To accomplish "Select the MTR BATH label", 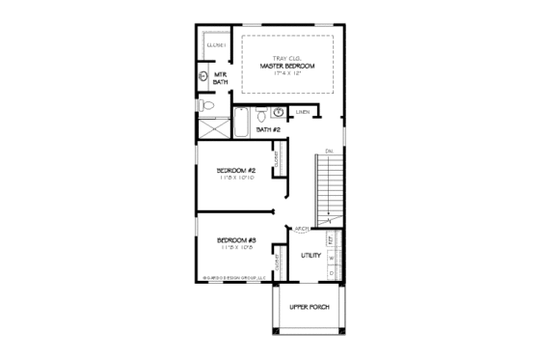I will tap(220, 78).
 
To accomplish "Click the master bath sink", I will tap(203, 75).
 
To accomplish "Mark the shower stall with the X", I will tap(211, 125).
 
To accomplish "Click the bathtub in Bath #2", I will tap(242, 123).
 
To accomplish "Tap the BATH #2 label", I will tap(268, 129).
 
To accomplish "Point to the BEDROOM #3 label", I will tap(235, 239).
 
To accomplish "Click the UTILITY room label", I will tap(310, 256).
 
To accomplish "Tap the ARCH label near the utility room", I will tap(302, 229).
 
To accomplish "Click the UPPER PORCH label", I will tap(310, 308).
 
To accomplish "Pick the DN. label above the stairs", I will tap(329, 151).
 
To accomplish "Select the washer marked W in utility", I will tap(331, 258).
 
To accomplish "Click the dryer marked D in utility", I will tap(331, 272).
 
